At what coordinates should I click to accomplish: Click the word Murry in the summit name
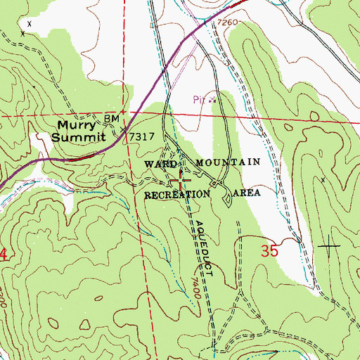tap(77, 126)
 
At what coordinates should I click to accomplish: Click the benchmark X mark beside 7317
tap(124, 131)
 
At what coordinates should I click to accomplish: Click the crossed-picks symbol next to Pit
tap(210, 100)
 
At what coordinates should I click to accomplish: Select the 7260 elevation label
tap(228, 24)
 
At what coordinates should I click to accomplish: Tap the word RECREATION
tap(177, 193)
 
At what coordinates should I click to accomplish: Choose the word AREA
tap(252, 192)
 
